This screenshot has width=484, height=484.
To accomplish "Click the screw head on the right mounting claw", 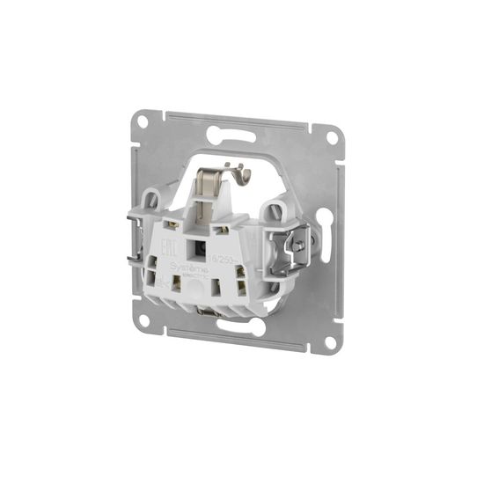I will click(x=298, y=246).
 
